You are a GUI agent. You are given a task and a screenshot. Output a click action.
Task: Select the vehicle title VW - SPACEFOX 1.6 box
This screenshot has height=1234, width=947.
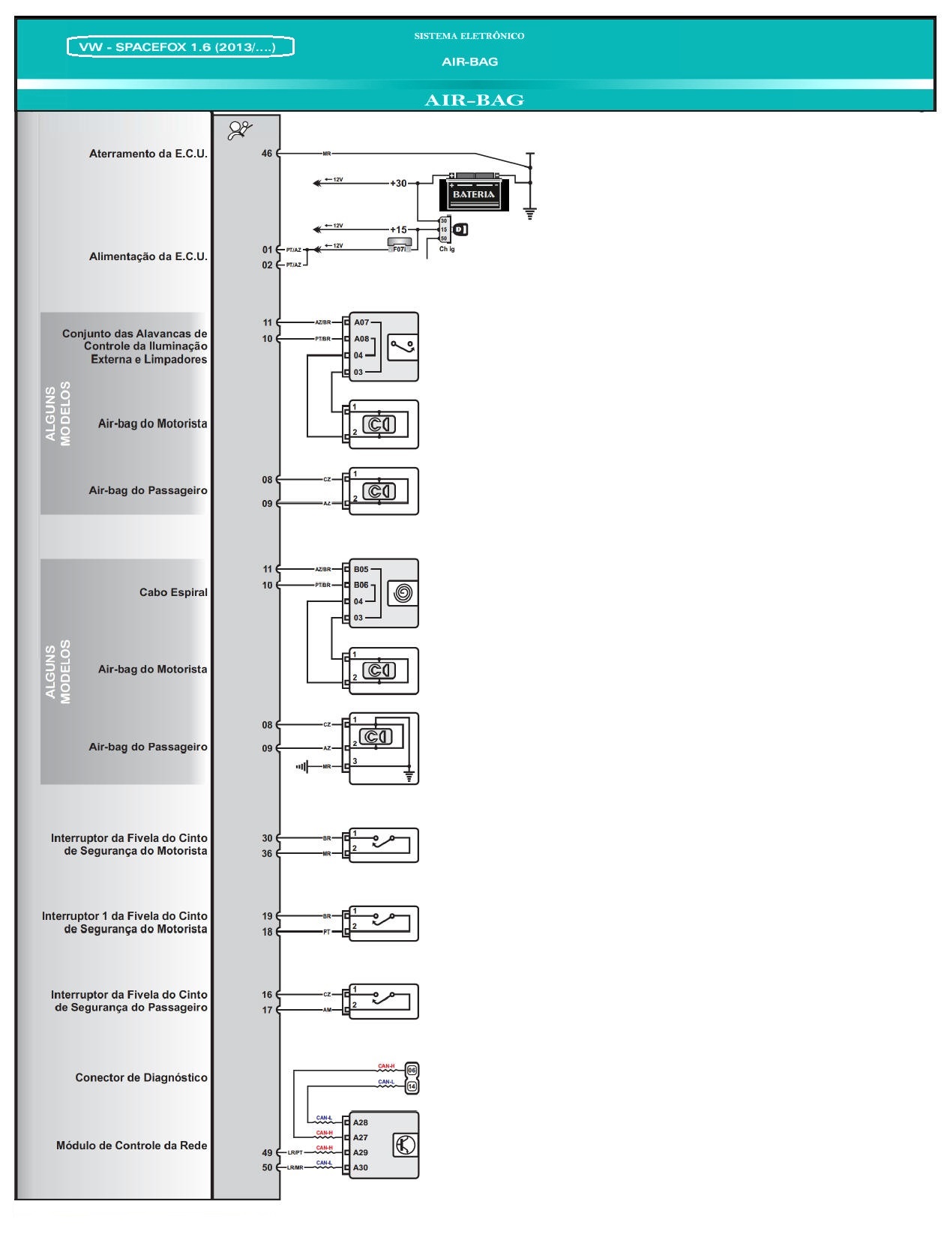point(180,47)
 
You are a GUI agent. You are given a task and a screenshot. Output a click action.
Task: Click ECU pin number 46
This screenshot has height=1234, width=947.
point(267,154)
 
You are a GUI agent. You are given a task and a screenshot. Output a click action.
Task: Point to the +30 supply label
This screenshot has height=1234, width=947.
point(398,183)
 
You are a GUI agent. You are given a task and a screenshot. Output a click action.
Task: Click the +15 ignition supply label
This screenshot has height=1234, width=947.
point(398,229)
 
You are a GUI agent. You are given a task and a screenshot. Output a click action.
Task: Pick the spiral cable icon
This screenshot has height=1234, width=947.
point(402,594)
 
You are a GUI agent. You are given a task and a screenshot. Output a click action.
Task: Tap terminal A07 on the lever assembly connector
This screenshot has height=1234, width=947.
point(361,322)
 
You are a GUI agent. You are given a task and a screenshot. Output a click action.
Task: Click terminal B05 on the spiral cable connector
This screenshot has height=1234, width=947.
point(361,569)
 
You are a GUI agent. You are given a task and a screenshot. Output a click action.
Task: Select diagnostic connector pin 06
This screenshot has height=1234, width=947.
point(412,1070)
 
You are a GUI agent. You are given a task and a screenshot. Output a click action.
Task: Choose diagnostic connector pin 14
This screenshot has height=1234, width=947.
point(412,1086)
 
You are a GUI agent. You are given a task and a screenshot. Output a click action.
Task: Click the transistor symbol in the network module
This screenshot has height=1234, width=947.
point(405,1146)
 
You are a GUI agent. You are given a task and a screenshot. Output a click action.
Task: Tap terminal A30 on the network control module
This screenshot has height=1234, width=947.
point(361,1167)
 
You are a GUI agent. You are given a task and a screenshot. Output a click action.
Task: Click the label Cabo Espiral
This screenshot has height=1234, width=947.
point(173,592)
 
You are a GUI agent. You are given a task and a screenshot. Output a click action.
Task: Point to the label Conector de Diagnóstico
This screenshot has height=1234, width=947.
point(141,1077)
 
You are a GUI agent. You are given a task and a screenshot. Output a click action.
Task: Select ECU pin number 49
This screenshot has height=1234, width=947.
point(267,1152)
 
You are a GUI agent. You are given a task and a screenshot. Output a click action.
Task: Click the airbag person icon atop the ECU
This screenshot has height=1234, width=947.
point(240,130)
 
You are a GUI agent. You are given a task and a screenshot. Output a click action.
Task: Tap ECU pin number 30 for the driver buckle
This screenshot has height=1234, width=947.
point(267,838)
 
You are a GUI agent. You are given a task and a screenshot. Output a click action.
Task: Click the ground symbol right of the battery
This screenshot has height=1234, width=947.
point(530,213)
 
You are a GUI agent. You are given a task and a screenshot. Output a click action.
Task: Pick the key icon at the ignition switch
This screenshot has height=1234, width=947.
point(460,229)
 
